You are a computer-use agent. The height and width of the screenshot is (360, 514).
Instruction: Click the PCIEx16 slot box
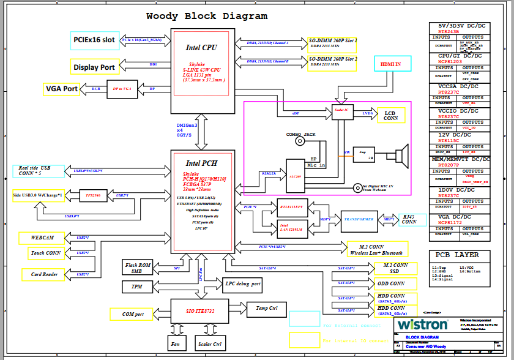[x=95, y=40]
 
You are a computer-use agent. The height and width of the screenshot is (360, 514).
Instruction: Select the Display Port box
[x=95, y=67]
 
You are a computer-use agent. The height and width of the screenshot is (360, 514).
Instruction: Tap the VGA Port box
[x=62, y=89]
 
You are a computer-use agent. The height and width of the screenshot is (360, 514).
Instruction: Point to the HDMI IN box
[x=390, y=64]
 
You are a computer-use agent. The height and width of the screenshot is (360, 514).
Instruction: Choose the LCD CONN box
[x=391, y=114]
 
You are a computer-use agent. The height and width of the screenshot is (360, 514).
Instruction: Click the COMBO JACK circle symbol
[x=300, y=141]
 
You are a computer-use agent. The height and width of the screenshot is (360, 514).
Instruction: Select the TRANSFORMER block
[x=358, y=219]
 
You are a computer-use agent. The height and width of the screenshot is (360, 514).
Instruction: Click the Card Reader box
[x=45, y=274]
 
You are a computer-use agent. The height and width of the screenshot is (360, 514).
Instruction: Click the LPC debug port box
[x=243, y=284]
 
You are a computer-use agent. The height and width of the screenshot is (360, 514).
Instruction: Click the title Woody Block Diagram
[x=207, y=17]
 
